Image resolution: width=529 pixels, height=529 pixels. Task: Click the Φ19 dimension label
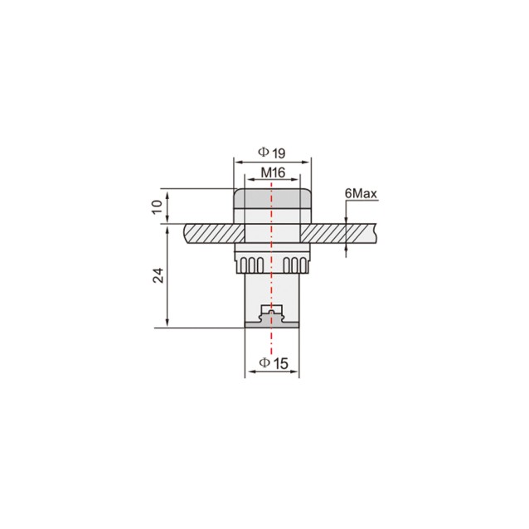[x=271, y=153]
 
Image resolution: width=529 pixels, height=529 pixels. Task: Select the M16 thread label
[x=273, y=172]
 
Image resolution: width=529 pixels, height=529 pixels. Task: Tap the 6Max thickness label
[x=361, y=194]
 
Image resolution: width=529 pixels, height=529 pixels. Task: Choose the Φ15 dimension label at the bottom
[x=272, y=363]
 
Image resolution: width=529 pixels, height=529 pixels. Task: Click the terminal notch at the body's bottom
[x=271, y=313]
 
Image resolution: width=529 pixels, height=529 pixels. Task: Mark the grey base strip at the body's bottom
[x=271, y=323]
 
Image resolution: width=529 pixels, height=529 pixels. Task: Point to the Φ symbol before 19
[x=263, y=153]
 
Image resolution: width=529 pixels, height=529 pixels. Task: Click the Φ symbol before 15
[x=263, y=363]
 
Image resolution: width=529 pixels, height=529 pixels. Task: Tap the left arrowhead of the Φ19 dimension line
[x=236, y=161]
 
